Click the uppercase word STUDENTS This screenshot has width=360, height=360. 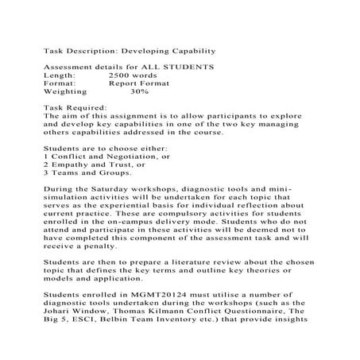click(188, 65)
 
